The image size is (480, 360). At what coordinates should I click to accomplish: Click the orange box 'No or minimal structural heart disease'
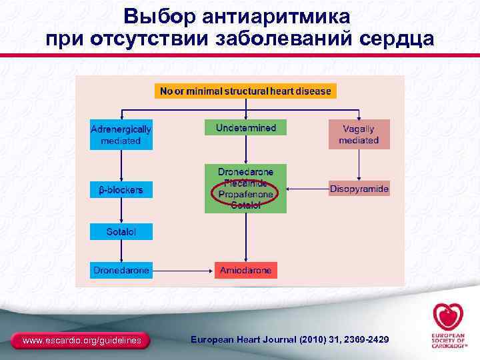[x=245, y=91]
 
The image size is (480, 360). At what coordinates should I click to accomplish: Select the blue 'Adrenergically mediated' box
[x=121, y=135]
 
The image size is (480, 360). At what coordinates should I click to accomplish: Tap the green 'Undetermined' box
[x=245, y=127]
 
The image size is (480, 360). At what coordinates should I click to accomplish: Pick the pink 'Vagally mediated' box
[x=359, y=135]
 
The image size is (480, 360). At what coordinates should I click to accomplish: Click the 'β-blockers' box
[x=121, y=190]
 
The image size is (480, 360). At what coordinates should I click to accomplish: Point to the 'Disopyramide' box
[x=359, y=189]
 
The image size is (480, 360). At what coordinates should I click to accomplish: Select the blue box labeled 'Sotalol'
[x=121, y=231]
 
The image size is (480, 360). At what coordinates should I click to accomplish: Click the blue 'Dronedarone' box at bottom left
[x=121, y=270]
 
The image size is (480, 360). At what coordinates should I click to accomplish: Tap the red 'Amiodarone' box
[x=245, y=271]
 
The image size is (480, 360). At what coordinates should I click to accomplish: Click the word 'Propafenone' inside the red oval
[x=245, y=194]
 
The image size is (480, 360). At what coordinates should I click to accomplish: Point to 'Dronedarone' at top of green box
[x=245, y=171]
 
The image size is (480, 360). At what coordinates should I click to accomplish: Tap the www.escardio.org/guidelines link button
[x=82, y=341]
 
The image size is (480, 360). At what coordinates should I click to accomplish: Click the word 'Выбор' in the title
[x=153, y=15]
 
